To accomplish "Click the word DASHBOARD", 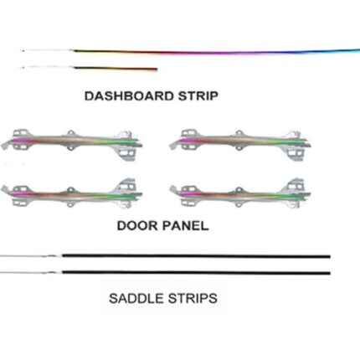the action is point(129,96).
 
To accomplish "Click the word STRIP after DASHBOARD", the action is point(198,96).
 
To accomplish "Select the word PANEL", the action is point(186,225).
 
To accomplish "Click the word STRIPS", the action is point(193,298).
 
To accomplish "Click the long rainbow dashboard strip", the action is point(216,52).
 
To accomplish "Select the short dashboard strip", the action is point(115,69).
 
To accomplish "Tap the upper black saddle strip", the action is point(196,256).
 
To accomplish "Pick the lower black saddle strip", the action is point(196,273).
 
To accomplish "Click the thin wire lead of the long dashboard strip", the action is point(47,50).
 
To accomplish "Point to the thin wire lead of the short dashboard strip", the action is point(47,67).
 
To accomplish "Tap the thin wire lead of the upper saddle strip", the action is point(31,256).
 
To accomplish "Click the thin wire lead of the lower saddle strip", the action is point(31,272).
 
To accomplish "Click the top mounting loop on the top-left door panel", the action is point(70,133).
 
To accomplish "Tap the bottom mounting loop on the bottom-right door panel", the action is point(239,204).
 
